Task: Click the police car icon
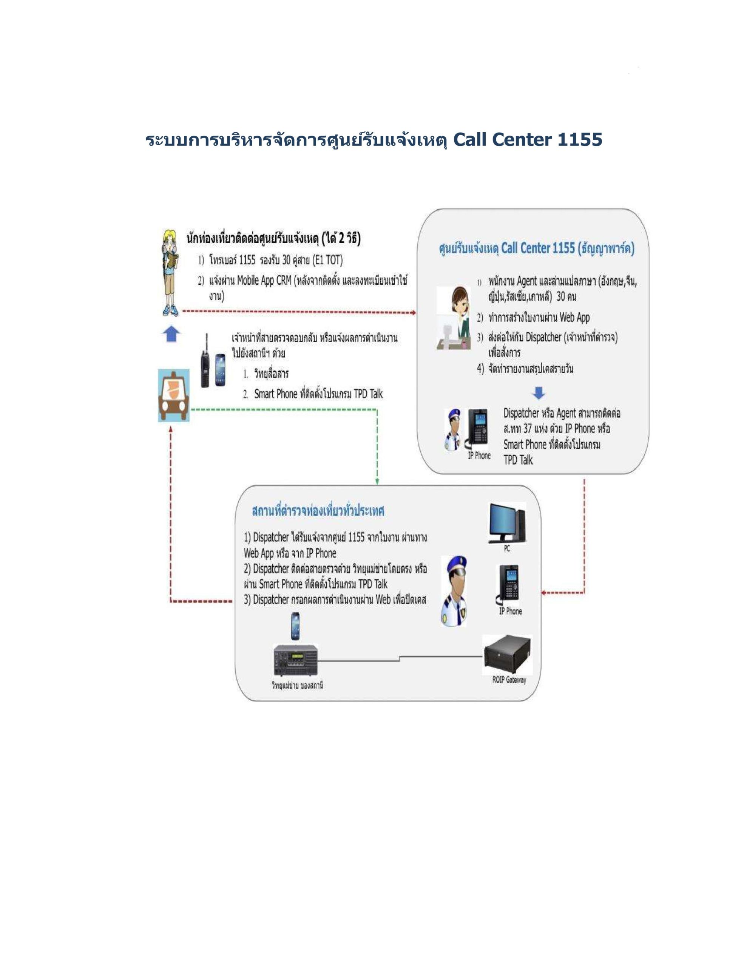point(173,395)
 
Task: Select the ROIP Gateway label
point(509,680)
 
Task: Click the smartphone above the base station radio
point(295,626)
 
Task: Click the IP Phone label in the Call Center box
point(479,456)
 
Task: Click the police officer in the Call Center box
point(454,429)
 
